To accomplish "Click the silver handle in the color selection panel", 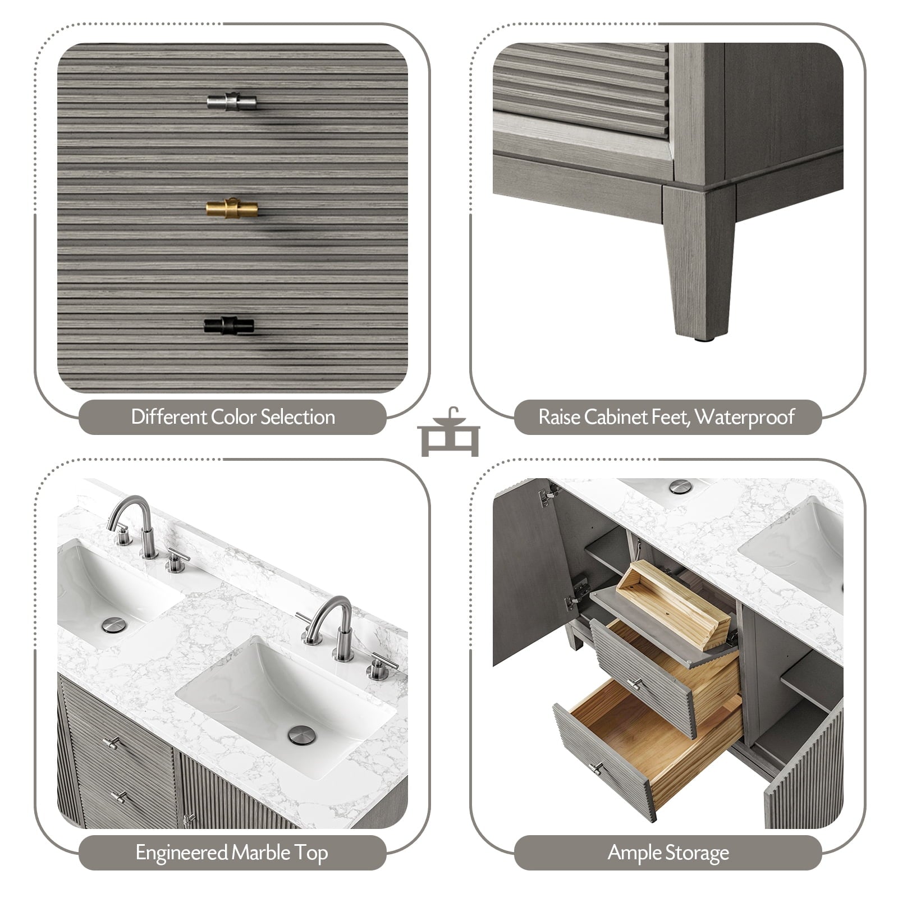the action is [x=232, y=101].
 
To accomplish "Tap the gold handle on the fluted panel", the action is [x=232, y=208].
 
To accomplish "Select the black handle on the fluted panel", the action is [x=229, y=325].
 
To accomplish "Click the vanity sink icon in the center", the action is [x=448, y=432].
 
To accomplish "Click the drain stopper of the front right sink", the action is [x=302, y=735].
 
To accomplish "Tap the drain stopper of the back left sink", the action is [x=114, y=625].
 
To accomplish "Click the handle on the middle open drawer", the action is [x=635, y=684].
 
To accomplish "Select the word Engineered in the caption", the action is [x=181, y=853].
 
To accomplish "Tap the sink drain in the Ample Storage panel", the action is [x=680, y=487].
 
